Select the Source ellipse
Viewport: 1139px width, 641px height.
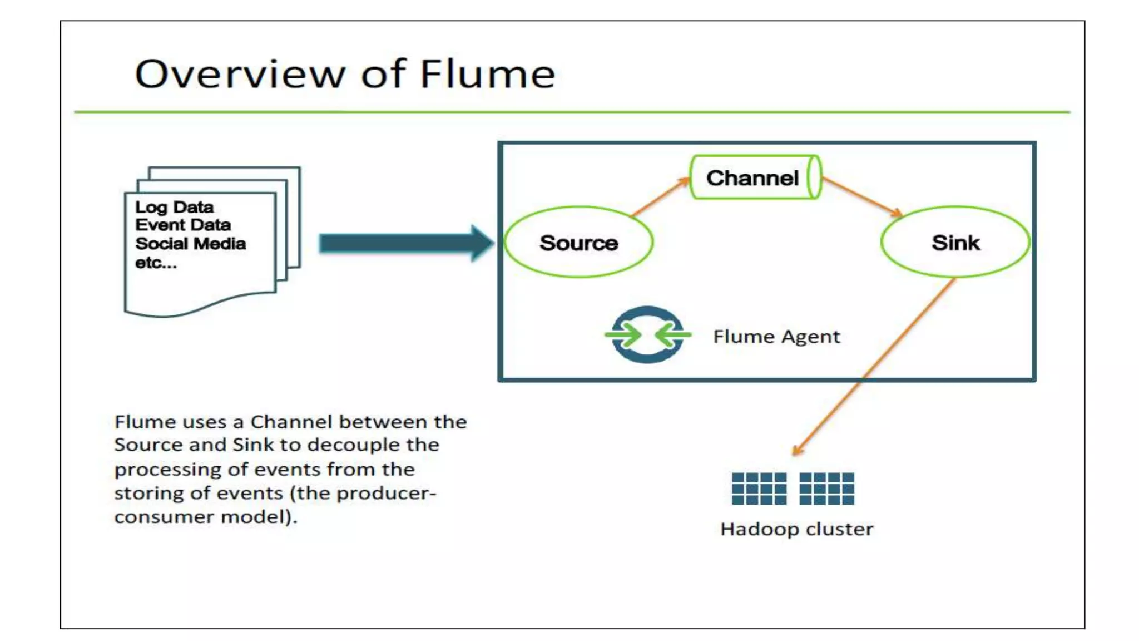578,242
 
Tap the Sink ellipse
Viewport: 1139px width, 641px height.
955,242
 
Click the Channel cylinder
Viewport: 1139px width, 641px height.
756,177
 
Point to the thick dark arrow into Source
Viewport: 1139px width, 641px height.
407,243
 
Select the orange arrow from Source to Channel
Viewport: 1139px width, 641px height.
660,196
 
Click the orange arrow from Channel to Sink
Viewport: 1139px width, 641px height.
862,197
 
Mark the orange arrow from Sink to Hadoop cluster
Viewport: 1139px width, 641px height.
874,367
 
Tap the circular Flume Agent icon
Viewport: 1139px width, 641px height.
648,335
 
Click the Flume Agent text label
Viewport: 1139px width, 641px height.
777,337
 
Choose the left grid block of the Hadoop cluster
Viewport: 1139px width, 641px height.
759,489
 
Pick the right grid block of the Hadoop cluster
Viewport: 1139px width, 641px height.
826,489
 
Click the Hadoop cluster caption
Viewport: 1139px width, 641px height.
797,529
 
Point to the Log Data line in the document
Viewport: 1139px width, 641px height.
174,207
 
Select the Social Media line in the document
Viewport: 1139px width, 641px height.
190,244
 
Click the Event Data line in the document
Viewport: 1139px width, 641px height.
183,225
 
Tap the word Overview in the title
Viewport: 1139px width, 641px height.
239,74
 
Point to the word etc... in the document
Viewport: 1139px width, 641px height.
156,262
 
